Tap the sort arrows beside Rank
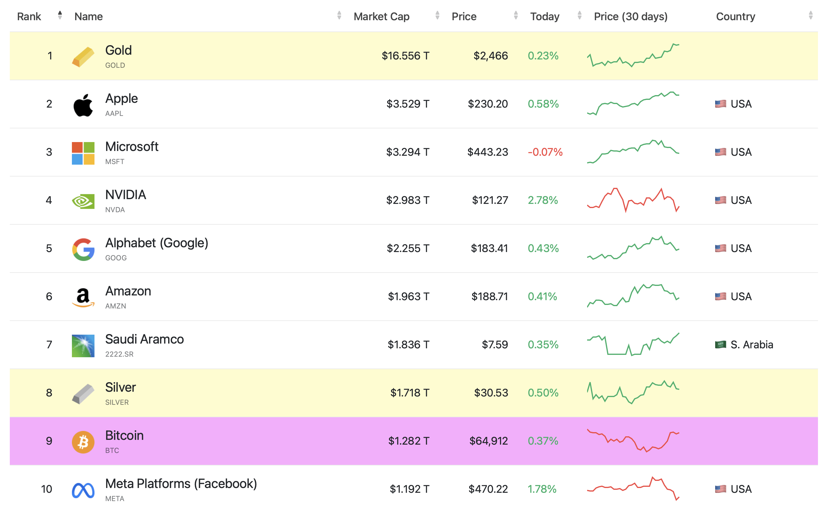[60, 15]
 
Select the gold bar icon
[83, 57]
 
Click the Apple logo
[83, 105]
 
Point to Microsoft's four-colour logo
[83, 153]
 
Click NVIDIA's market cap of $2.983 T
[408, 200]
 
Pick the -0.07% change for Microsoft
[545, 152]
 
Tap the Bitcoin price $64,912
[488, 440]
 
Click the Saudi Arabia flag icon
[721, 344]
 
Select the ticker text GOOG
[116, 258]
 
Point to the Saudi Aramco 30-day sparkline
[633, 344]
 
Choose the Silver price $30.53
[491, 393]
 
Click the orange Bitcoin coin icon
[83, 442]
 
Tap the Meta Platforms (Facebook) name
[181, 483]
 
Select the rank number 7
[49, 344]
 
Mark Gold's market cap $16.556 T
[405, 56]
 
